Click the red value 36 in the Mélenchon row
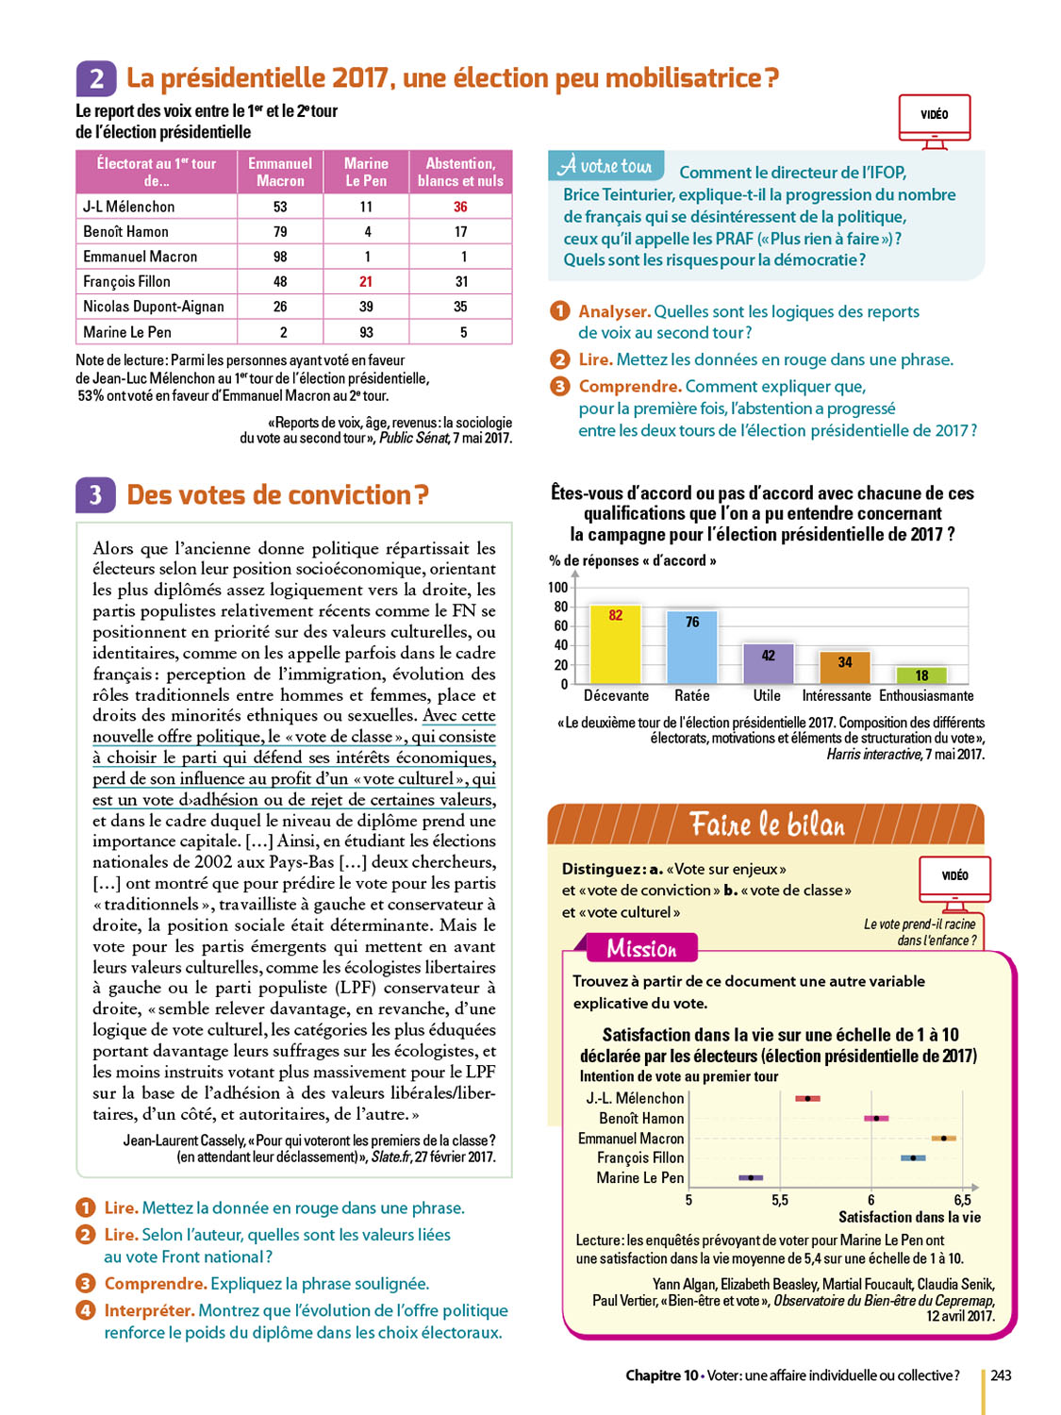click(460, 207)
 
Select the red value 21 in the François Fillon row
click(366, 281)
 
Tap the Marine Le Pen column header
click(366, 172)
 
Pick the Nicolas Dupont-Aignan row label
click(154, 307)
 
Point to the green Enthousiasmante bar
click(921, 675)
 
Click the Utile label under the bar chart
click(767, 695)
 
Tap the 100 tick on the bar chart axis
click(557, 587)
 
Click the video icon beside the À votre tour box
click(934, 120)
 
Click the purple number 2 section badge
click(96, 78)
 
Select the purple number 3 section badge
click(95, 495)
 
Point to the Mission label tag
click(641, 948)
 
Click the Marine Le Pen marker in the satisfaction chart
click(751, 1177)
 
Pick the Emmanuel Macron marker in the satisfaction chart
click(943, 1139)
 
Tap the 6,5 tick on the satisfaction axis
click(962, 1200)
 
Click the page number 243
click(1001, 1375)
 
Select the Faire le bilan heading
click(767, 824)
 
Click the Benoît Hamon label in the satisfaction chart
click(641, 1118)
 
